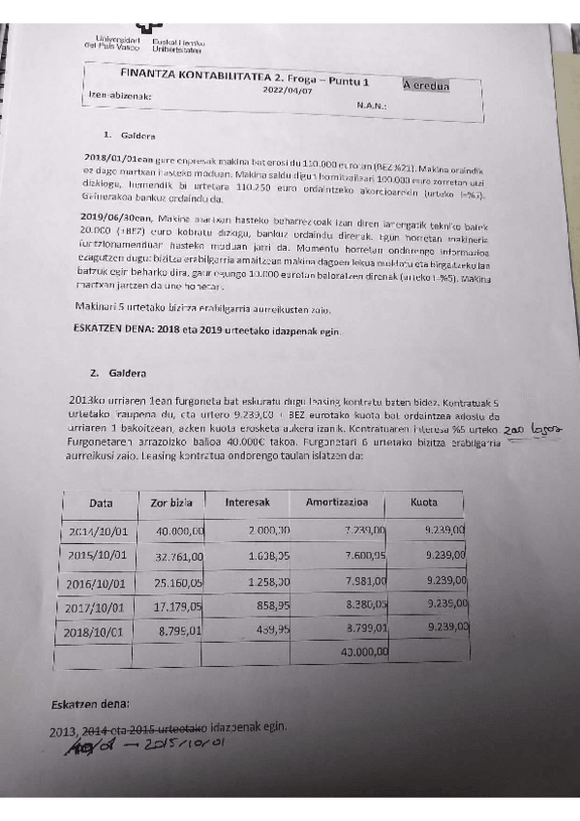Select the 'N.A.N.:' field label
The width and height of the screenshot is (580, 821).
tap(372, 106)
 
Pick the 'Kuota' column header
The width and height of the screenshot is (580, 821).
tap(424, 502)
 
